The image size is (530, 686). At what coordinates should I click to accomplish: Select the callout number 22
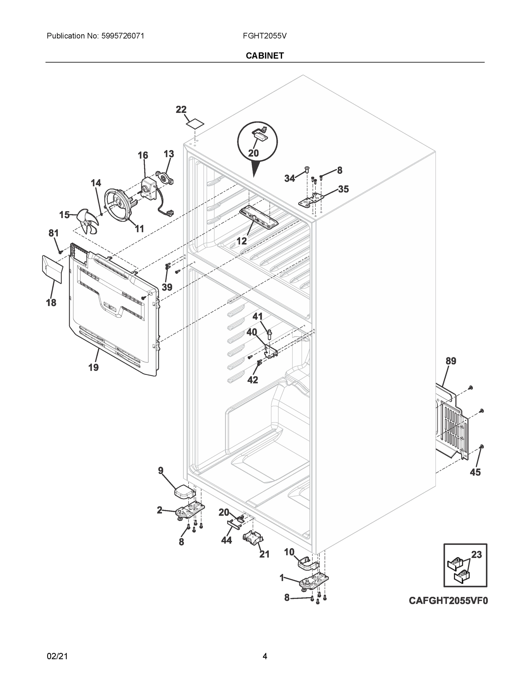pyautogui.click(x=181, y=110)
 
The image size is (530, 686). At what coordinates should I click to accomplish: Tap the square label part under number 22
pyautogui.click(x=195, y=124)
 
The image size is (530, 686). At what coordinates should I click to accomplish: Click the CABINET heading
pyautogui.click(x=265, y=56)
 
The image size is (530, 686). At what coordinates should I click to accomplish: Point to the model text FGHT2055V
pyautogui.click(x=264, y=36)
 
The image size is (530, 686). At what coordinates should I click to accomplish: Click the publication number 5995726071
pyautogui.click(x=123, y=36)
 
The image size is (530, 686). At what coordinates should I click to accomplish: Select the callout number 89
pyautogui.click(x=451, y=361)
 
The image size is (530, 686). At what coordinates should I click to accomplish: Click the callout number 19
pyautogui.click(x=93, y=367)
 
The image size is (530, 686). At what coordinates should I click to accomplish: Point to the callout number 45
pyautogui.click(x=475, y=472)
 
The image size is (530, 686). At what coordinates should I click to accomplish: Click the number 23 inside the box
pyautogui.click(x=476, y=555)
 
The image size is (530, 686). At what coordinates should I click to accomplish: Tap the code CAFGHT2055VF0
pyautogui.click(x=448, y=601)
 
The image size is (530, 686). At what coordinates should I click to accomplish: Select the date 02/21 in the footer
pyautogui.click(x=57, y=656)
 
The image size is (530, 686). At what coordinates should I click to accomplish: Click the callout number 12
pyautogui.click(x=241, y=241)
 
